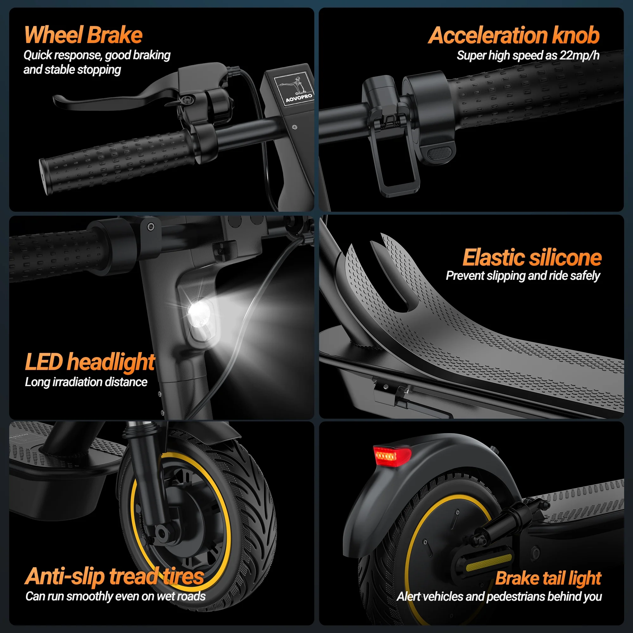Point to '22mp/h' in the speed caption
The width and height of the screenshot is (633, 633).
579,55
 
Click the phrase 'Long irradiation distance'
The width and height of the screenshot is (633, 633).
86,382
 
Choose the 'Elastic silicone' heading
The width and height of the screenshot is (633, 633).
532,258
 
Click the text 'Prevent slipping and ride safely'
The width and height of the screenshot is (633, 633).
523,276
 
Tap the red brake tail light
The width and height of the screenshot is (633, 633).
391,455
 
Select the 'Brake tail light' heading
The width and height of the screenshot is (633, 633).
548,578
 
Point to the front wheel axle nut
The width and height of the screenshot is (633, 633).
161,532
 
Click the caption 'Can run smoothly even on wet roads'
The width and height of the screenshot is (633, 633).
115,596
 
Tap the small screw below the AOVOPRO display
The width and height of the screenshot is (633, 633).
295,127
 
